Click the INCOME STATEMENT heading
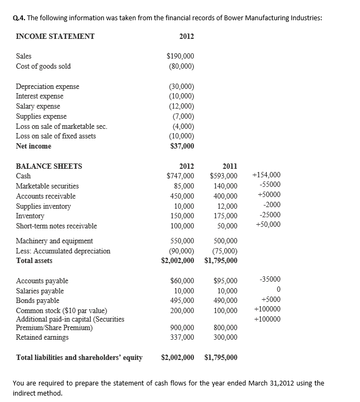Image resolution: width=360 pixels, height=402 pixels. coord(55,36)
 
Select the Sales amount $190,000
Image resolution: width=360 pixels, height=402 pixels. coord(180,56)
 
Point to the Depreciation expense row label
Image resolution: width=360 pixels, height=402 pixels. coord(47,86)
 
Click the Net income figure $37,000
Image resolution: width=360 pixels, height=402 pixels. coord(182,146)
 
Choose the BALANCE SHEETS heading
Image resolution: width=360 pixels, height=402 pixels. coord(49,166)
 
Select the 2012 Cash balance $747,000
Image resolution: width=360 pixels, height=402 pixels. coord(180,176)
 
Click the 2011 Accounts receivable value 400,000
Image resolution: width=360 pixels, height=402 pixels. coord(225,196)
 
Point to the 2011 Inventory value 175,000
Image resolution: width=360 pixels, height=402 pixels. coord(225,216)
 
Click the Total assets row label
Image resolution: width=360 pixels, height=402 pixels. coord(34,261)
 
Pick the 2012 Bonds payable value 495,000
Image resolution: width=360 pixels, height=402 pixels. coord(182,301)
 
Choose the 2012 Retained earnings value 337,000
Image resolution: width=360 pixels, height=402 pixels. coord(182,337)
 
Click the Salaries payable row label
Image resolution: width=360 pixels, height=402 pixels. coord(40,291)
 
